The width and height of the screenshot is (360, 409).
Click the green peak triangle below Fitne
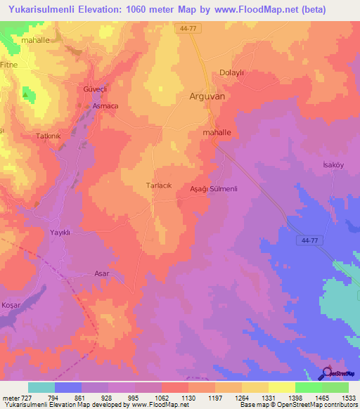(x=26, y=93)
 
